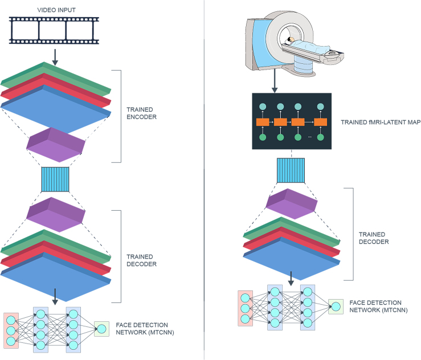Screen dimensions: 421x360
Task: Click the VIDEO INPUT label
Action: point(56,10)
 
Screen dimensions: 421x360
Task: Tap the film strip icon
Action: point(54,30)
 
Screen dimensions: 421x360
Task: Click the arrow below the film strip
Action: point(55,57)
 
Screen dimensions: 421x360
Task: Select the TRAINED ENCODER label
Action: point(141,113)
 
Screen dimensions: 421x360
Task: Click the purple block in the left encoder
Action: point(56,145)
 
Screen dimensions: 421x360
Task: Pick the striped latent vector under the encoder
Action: point(55,179)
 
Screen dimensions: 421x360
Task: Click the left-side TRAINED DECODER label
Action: point(141,260)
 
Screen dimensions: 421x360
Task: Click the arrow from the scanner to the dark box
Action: point(275,81)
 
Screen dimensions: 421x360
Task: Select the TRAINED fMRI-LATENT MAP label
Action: point(381,122)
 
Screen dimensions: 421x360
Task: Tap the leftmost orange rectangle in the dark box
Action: point(263,122)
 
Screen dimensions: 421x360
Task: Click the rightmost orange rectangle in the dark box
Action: point(320,122)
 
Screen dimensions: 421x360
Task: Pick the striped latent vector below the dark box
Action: point(291,170)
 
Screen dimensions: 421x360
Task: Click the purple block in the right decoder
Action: point(292,204)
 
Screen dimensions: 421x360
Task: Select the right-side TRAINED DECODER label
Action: point(374,238)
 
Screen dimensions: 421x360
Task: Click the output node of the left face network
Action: point(102,329)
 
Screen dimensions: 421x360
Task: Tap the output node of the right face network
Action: point(336,306)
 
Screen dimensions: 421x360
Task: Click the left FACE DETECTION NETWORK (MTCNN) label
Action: point(145,329)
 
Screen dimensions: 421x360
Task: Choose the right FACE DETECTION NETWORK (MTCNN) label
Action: point(379,306)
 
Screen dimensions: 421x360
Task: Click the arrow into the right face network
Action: point(291,279)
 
